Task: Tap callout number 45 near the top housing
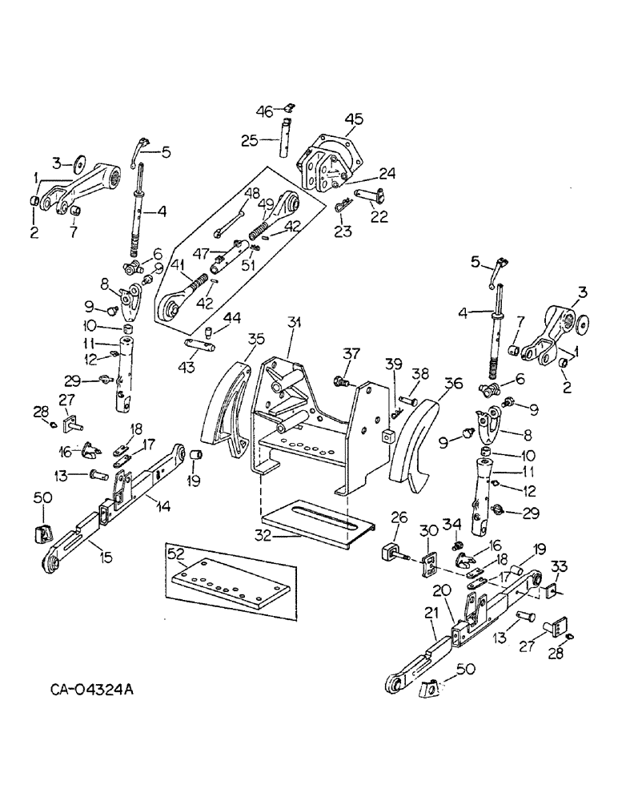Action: pyautogui.click(x=353, y=119)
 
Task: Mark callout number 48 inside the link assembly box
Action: pyautogui.click(x=251, y=192)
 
